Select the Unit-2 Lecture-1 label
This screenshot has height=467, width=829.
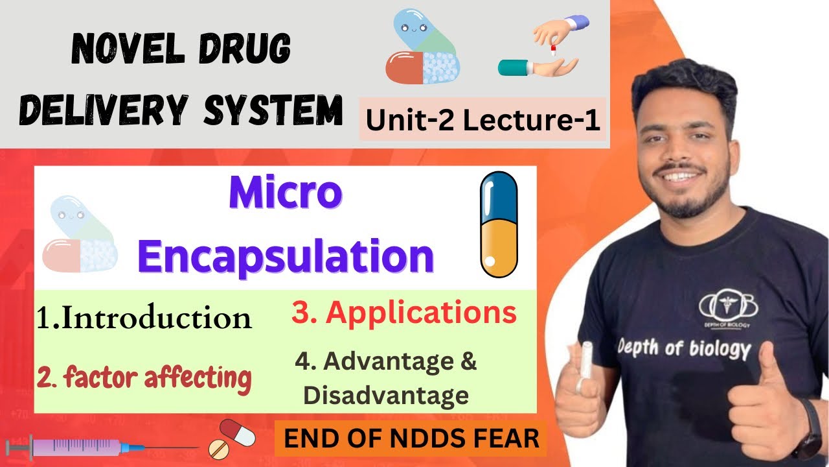pos(483,120)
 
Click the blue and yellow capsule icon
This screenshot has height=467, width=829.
pos(498,223)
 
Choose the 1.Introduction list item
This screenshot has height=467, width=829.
pos(144,318)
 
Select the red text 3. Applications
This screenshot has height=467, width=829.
pos(403,313)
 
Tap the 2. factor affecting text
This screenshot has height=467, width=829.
pos(144,377)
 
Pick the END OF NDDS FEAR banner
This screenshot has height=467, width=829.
pos(411,439)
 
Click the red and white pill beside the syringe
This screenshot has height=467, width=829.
pos(231,438)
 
